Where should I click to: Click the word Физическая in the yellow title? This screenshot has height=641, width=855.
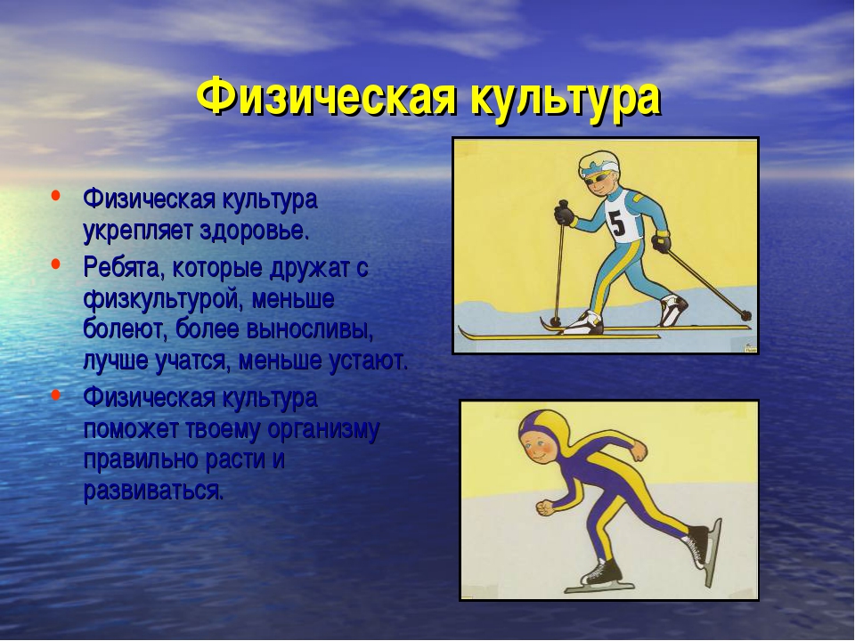[x=326, y=96]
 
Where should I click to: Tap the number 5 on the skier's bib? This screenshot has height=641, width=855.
[x=618, y=222]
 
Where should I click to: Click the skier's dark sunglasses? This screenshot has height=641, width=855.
[x=598, y=179]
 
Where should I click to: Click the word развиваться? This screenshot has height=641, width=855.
[x=153, y=491]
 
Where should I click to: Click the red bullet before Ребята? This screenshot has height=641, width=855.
[x=55, y=264]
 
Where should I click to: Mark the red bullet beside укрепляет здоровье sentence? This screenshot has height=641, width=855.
[x=55, y=195]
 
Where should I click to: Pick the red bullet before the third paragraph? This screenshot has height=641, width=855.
[x=55, y=394]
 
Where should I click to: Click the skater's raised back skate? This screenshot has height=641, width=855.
[x=703, y=549]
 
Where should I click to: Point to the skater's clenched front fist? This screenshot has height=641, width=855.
[x=545, y=507]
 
